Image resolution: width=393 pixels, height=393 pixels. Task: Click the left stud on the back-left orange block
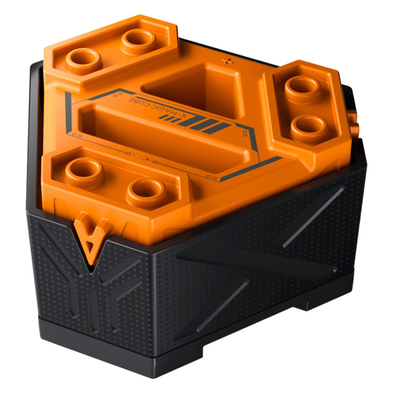(x=83, y=60)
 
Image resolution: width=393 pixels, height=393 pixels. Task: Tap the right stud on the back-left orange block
(x=139, y=41)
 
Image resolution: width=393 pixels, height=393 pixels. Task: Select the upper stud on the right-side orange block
(x=303, y=89)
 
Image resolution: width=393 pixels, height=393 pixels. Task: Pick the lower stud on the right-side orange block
(x=310, y=128)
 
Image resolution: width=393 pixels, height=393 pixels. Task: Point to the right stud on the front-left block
(x=147, y=193)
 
